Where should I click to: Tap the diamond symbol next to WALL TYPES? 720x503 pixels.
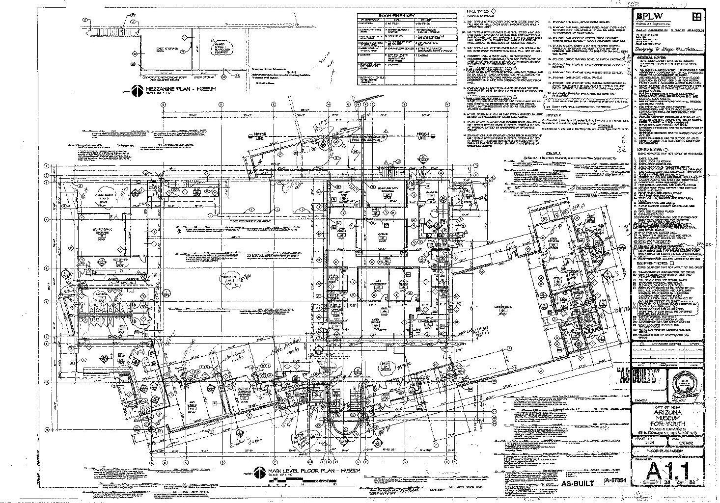coord(493,11)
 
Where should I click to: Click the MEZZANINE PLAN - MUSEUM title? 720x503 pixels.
coord(177,89)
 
